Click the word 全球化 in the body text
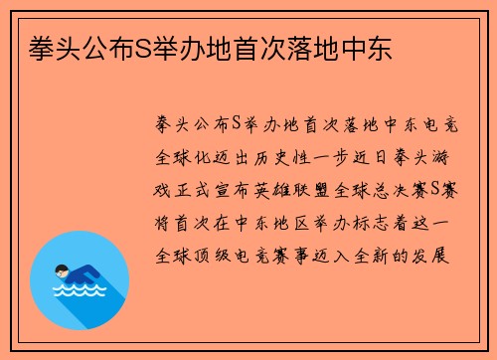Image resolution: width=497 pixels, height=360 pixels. point(184,159)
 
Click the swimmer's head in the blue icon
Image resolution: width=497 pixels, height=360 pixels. point(62,269)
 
